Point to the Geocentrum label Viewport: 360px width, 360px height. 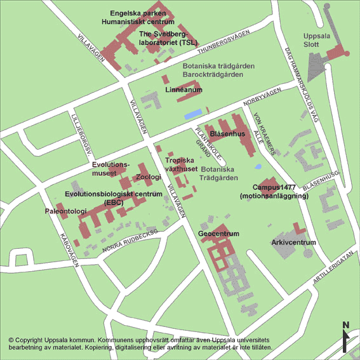(x=218, y=234)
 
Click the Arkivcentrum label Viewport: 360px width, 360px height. (x=293, y=243)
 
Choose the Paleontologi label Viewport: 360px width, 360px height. (x=65, y=211)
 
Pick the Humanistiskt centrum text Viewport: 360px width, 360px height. (x=138, y=22)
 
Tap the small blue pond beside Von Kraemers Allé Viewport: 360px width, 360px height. (x=257, y=167)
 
